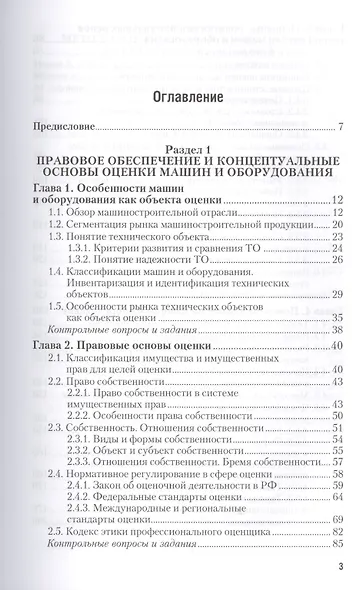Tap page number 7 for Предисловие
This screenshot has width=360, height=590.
(x=340, y=127)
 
